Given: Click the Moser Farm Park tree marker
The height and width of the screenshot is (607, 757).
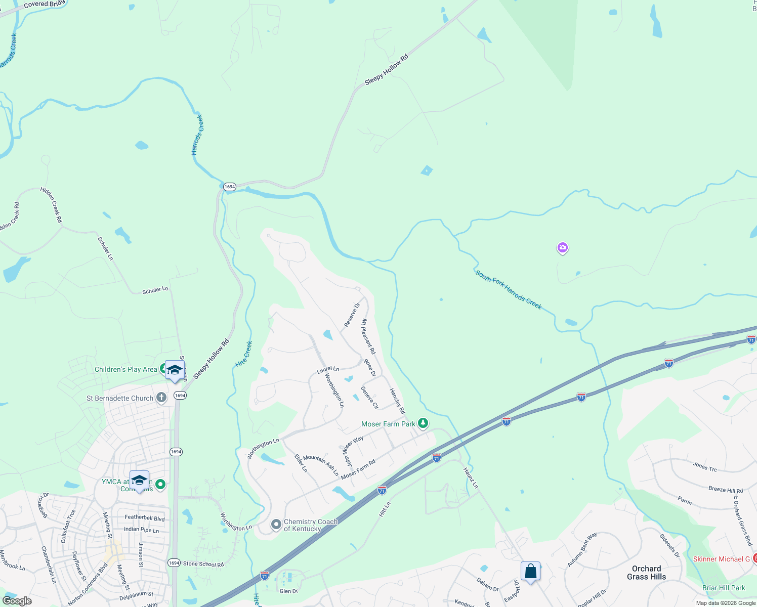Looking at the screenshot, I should (x=423, y=423).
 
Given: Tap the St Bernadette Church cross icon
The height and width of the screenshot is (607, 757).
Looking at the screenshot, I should (x=161, y=398).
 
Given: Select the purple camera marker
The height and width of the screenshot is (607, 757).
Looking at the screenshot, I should (x=562, y=248).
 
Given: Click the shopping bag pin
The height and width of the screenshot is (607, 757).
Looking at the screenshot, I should (x=530, y=572).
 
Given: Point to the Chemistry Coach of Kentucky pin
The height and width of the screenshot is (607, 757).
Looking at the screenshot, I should (x=276, y=525).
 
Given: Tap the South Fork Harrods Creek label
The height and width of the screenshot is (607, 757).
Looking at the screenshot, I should (x=508, y=290).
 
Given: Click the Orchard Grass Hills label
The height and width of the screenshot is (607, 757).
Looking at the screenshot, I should (x=646, y=573).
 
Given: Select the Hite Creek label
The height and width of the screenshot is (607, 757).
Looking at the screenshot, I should (x=244, y=354).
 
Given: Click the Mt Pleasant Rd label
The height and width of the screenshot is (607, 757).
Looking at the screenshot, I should (x=368, y=336).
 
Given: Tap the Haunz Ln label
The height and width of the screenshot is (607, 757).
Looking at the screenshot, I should (x=471, y=478).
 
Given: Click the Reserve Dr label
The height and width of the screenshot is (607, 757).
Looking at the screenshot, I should (x=352, y=315).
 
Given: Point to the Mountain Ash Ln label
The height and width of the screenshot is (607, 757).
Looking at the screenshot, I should (x=321, y=465).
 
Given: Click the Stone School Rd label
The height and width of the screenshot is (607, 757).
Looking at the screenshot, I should (x=203, y=564).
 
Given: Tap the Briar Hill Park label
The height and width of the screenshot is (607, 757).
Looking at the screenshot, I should (x=724, y=588).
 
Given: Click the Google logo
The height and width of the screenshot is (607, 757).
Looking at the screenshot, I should (x=17, y=601).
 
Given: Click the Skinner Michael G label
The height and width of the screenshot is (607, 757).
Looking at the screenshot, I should (x=721, y=559).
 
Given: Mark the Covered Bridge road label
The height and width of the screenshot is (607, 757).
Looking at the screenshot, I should (x=45, y=4).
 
